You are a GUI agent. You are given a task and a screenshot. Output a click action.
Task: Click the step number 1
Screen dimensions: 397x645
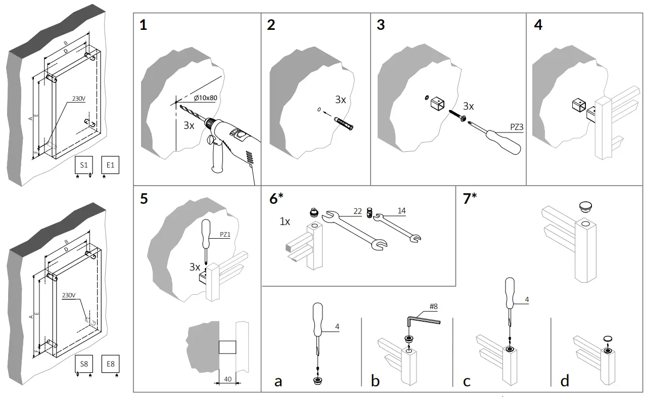[x=144, y=25]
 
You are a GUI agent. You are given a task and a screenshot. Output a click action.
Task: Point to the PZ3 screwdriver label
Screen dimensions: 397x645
[x=517, y=127]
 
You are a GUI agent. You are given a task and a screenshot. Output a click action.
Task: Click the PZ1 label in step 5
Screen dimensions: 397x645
[x=225, y=234]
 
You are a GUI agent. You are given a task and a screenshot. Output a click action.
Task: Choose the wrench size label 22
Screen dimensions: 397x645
[x=357, y=211]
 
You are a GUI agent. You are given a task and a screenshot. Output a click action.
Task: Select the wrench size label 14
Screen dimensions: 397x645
[x=401, y=211]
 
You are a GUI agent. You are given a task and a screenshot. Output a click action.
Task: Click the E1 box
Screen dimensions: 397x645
[x=110, y=165]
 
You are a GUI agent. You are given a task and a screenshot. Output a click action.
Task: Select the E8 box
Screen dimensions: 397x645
[x=110, y=364]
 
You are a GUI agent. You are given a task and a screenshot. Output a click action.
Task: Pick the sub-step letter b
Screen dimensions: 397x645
[x=375, y=381]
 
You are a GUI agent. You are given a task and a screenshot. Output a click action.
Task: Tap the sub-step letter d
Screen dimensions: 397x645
[x=565, y=381]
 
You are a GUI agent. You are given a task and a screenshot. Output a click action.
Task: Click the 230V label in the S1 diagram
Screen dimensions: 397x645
[x=79, y=99]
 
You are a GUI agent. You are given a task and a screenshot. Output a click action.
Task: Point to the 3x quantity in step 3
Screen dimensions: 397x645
[x=469, y=106]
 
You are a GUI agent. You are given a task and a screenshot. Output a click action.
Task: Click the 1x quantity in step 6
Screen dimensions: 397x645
[x=285, y=222]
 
